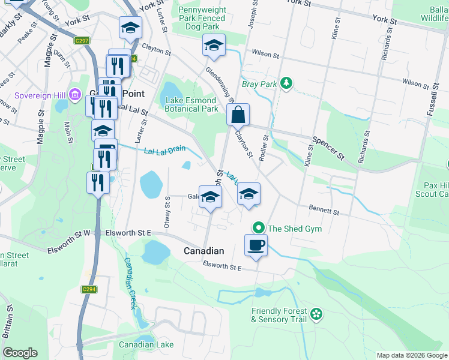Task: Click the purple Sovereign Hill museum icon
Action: (74, 94)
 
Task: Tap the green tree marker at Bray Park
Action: (287, 83)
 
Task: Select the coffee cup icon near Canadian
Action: (256, 245)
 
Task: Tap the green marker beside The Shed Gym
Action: (259, 228)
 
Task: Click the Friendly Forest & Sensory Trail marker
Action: (316, 314)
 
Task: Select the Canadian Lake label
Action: (146, 344)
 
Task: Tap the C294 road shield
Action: (89, 289)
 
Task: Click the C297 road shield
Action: (83, 40)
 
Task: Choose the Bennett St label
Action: (324, 212)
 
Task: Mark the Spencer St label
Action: (327, 148)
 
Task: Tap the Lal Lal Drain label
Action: (164, 150)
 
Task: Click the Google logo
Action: (20, 353)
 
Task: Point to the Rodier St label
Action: (262, 149)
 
